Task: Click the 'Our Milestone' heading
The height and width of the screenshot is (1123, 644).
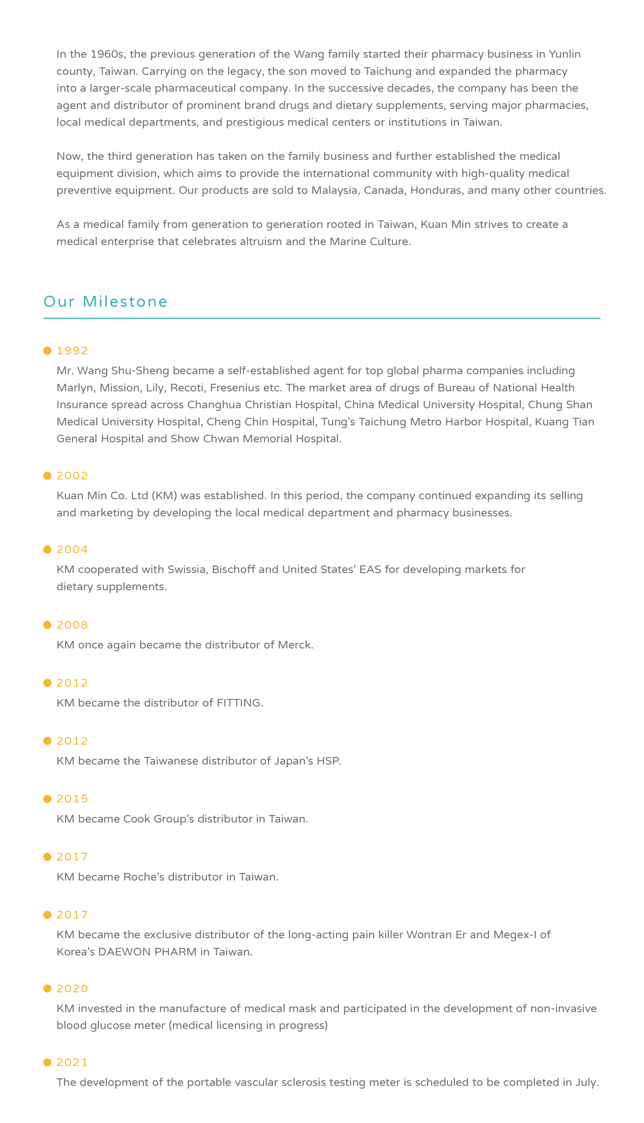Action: point(105,301)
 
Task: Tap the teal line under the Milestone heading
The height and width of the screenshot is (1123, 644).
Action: point(322,318)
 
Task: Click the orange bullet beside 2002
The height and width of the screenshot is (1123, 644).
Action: point(47,476)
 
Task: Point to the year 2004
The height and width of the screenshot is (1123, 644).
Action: point(72,549)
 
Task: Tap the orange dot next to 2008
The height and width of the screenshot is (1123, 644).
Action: point(47,625)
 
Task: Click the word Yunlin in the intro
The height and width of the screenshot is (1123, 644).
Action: point(565,54)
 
